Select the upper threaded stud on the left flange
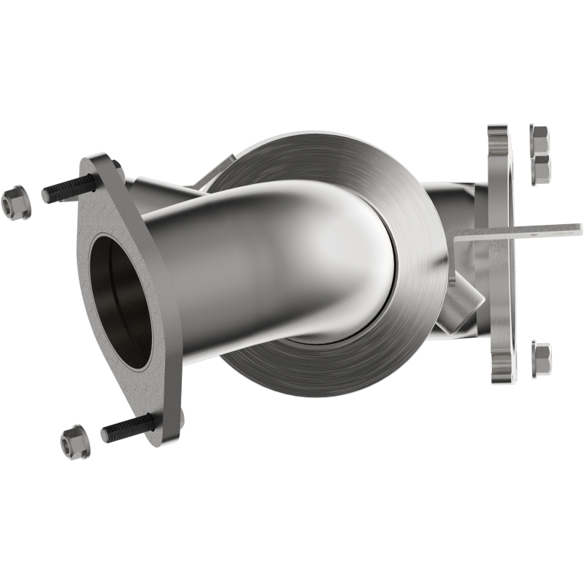coord(69,189)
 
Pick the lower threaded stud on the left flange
coord(127,428)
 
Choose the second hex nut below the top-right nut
coord(541,169)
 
